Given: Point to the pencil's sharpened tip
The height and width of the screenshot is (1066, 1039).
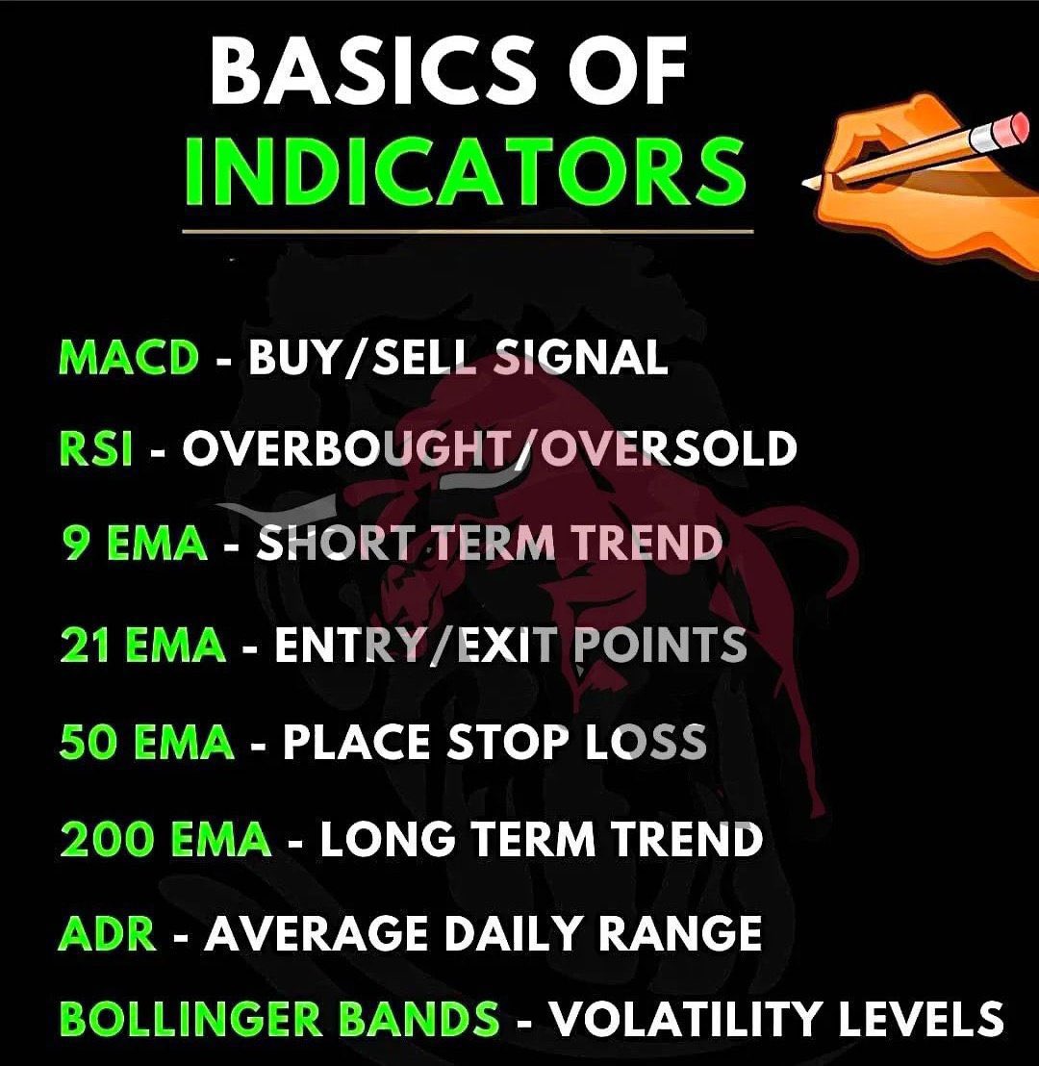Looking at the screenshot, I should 807,184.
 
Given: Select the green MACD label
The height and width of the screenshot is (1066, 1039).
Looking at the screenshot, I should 128,359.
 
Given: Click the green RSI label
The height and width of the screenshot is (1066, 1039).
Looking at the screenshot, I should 94,449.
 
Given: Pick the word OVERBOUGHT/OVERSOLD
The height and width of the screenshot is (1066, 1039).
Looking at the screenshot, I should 489,449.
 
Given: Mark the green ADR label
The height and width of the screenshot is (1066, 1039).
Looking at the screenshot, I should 107,933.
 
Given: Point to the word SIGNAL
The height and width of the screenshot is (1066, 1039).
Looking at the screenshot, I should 582,359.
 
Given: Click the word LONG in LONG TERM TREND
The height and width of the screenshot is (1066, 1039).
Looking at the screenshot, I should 387,839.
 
